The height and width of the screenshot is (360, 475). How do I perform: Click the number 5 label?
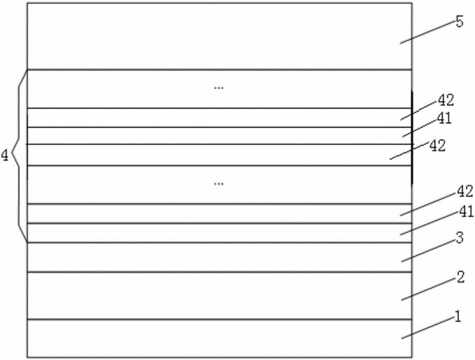(x=460, y=22)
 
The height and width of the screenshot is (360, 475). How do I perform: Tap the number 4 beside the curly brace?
(x=5, y=156)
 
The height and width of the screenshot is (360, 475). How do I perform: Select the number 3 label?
(x=460, y=238)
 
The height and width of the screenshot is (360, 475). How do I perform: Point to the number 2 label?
(x=461, y=278)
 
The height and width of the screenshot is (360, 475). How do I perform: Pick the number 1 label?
(x=457, y=317)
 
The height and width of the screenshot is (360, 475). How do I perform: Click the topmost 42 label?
(x=446, y=100)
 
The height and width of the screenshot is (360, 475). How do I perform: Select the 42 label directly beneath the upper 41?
(x=437, y=146)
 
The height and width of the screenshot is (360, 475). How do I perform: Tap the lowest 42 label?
(x=465, y=191)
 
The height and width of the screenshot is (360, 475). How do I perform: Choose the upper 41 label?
(x=445, y=118)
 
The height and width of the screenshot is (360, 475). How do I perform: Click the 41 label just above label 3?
(x=466, y=212)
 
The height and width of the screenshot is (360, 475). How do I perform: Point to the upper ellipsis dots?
(x=219, y=88)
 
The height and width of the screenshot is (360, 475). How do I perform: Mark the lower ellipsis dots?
(x=219, y=184)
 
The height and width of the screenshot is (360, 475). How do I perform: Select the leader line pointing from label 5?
(x=427, y=33)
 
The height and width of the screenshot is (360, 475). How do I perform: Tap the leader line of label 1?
(x=428, y=328)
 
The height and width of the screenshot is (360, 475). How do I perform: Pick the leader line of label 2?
(x=429, y=290)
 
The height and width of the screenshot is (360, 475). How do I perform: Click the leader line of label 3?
(x=429, y=251)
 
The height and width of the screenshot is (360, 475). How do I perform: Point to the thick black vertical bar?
(x=412, y=137)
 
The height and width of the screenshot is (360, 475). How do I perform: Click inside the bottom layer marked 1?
(x=219, y=338)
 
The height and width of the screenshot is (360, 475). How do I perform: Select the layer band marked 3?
(x=219, y=258)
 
